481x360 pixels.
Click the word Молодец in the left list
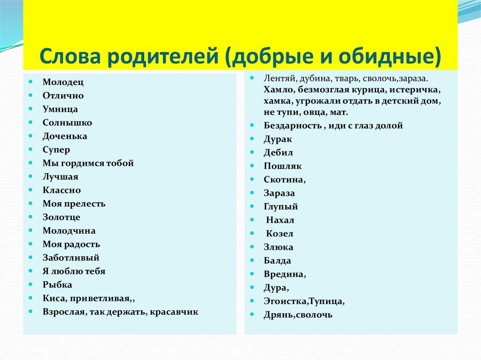tap(63, 82)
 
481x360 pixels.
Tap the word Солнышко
tap(67, 123)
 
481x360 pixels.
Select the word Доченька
tap(65, 136)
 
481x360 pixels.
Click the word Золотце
tap(62, 217)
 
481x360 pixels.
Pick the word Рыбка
tap(57, 285)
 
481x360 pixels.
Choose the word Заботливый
tap(71, 258)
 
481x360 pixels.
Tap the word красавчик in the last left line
tap(174, 312)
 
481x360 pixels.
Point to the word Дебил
tap(278, 153)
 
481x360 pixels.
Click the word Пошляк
tap(282, 166)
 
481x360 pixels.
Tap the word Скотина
tap(284, 179)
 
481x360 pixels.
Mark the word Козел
tap(279, 234)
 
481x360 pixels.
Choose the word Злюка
tap(278, 247)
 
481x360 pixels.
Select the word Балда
tap(277, 260)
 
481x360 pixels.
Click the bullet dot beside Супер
tap(31, 149)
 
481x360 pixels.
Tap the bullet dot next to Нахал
tap(252, 220)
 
